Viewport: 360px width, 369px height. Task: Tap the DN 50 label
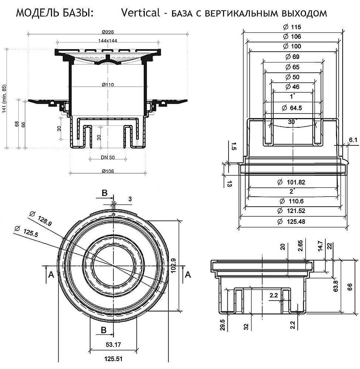(107, 158)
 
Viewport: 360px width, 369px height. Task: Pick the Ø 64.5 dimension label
(292, 108)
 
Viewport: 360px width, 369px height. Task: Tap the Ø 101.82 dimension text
(292, 182)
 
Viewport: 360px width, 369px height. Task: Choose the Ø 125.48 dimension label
(292, 222)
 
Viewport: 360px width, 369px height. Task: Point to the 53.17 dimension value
(114, 345)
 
